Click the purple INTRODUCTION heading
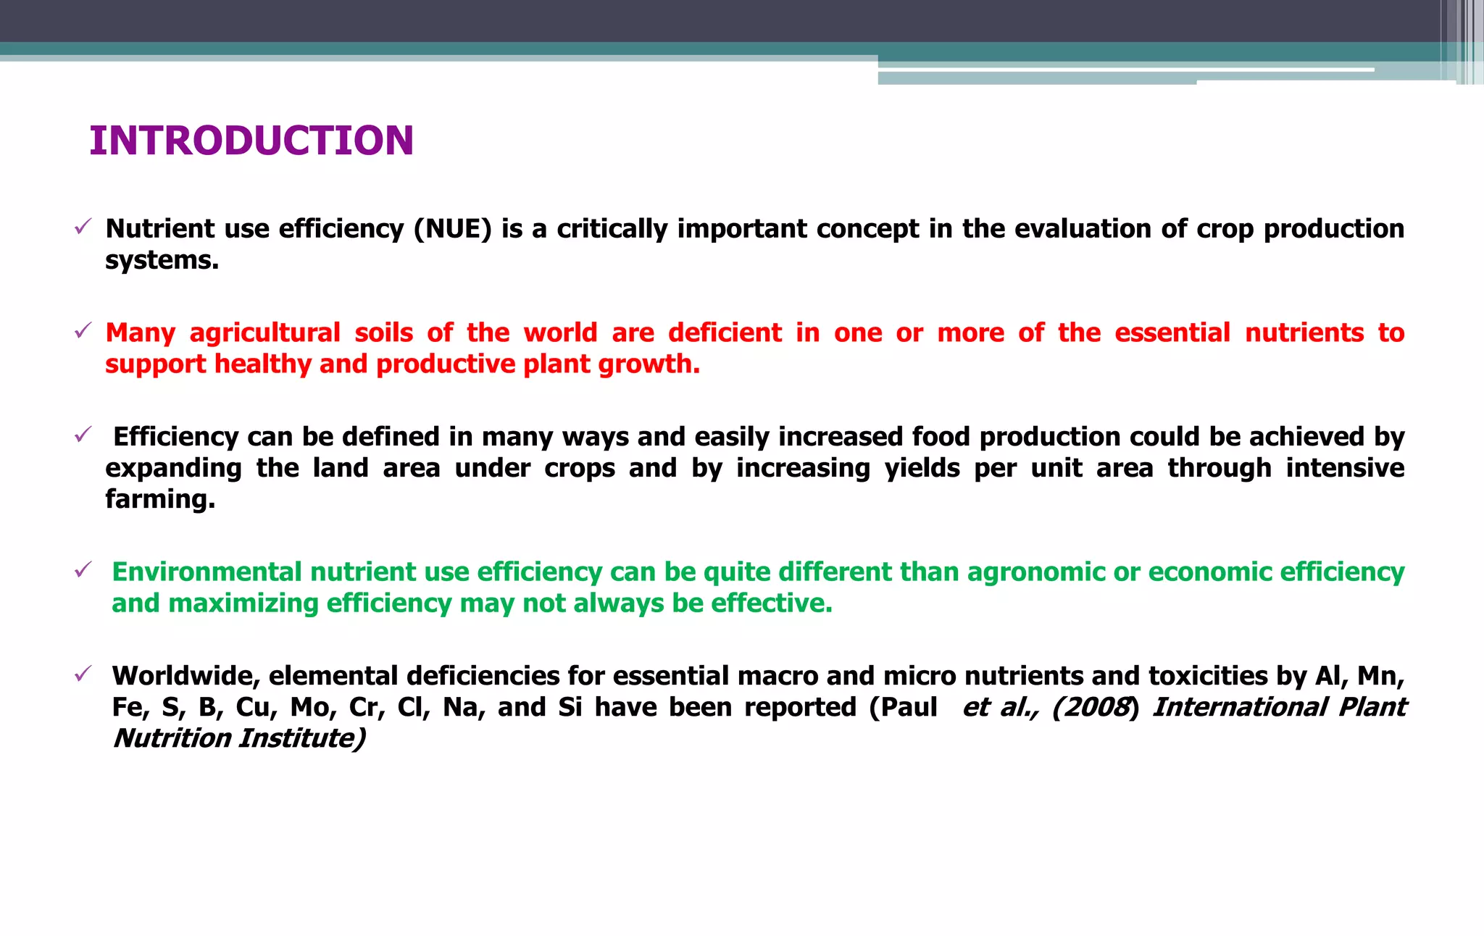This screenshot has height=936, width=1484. tap(251, 141)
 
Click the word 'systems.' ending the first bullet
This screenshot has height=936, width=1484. tap(162, 261)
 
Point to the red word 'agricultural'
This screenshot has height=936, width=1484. tap(264, 333)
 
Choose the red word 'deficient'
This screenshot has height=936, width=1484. tap(725, 333)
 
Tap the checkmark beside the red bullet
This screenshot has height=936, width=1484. tap(82, 332)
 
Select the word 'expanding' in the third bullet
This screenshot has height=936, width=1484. tap(173, 469)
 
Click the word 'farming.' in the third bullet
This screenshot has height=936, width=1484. tap(160, 499)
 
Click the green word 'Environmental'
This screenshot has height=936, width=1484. tap(207, 572)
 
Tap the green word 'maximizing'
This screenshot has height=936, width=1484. tap(243, 603)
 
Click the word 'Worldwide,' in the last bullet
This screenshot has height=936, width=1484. tap(186, 676)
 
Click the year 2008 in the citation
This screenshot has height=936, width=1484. tap(1096, 707)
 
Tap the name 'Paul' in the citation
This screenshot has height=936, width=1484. tap(909, 707)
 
